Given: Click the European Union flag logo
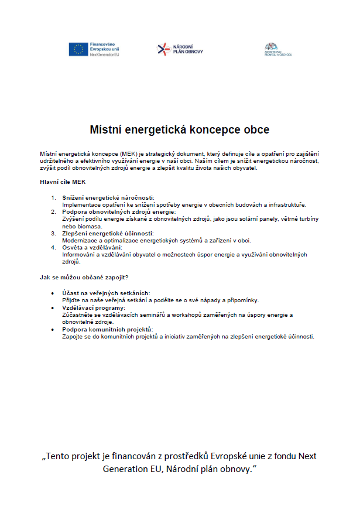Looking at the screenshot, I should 78,50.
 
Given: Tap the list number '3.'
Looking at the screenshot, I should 54,233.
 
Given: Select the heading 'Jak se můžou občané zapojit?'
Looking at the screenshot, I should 84,277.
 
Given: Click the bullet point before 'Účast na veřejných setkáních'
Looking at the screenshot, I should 54,292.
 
